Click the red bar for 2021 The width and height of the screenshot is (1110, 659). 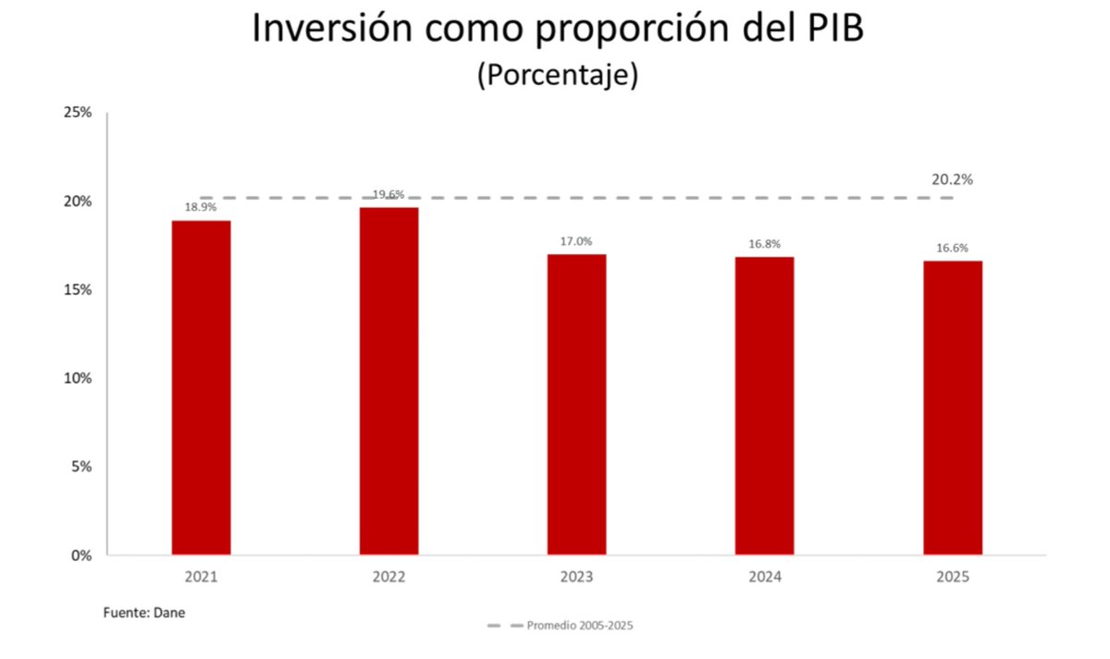(x=201, y=387)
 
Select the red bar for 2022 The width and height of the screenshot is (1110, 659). (x=388, y=381)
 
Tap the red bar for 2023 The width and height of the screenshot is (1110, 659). (x=576, y=404)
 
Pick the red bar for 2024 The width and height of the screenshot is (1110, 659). (x=764, y=406)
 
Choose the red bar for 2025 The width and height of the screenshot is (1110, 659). (x=952, y=408)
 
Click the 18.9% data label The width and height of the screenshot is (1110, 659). (x=201, y=208)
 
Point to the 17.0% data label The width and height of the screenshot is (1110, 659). (x=576, y=241)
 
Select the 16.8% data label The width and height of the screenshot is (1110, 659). (x=764, y=244)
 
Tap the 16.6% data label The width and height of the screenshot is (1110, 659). (x=952, y=248)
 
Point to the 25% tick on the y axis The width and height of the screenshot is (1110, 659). (x=77, y=113)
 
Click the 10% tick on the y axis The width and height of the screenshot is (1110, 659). (x=77, y=378)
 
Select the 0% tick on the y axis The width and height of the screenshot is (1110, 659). (x=80, y=555)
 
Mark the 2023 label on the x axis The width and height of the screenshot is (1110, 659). (x=576, y=577)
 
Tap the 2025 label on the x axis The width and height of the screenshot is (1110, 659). (x=952, y=577)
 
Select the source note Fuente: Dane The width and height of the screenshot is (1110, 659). (x=143, y=612)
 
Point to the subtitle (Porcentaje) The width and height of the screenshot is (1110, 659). (x=557, y=75)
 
